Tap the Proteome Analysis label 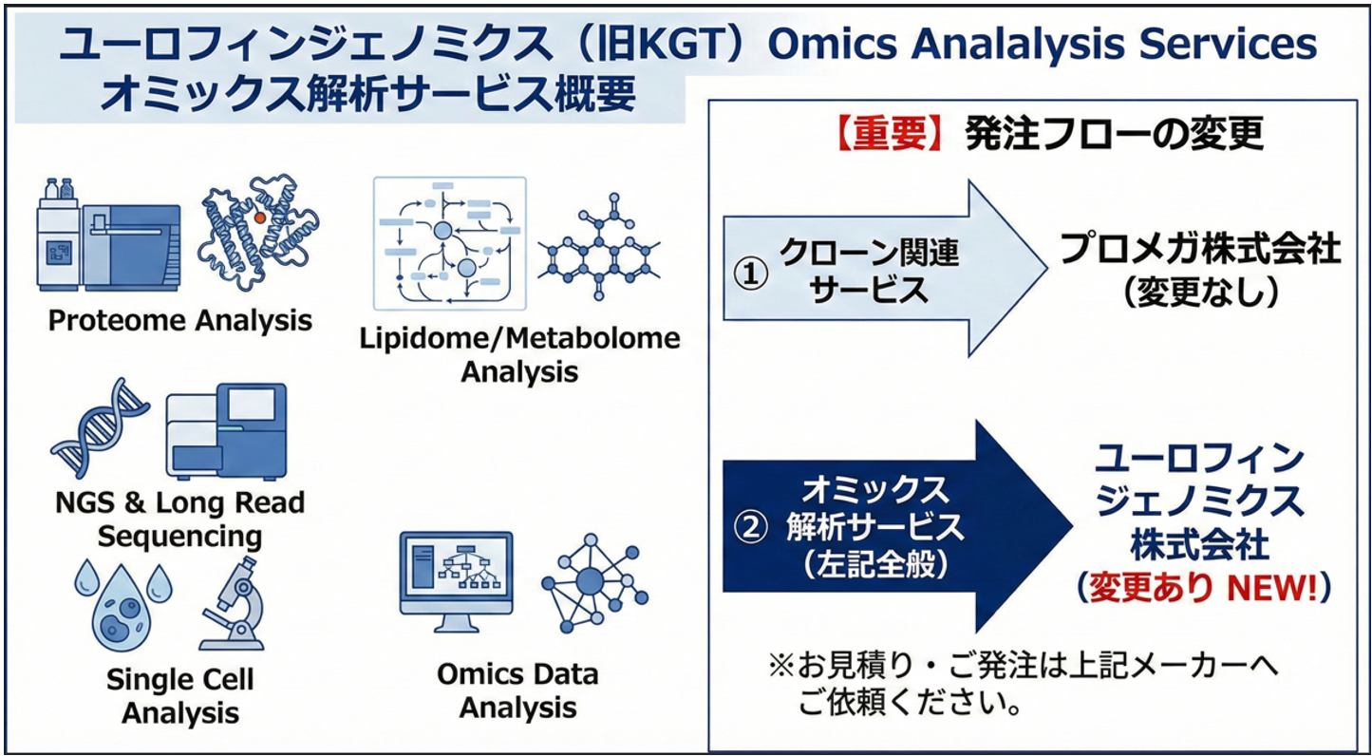point(179,320)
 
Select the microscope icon point(232,604)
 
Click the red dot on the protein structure point(260,217)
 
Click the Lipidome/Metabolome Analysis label point(519,353)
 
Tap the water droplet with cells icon point(122,604)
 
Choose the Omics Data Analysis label point(518,690)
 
